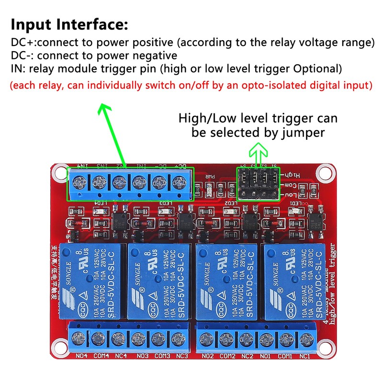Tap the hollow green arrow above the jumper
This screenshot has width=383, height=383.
[258, 153]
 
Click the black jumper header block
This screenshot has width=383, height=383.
[258, 184]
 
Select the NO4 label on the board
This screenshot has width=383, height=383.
[81, 356]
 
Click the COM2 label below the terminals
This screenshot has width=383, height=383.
[227, 356]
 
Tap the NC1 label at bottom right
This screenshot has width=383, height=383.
[305, 356]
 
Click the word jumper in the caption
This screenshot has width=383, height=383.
[303, 132]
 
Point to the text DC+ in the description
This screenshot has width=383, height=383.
[21, 43]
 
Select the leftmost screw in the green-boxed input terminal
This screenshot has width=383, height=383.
[78, 182]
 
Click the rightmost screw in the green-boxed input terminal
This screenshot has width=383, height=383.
[179, 182]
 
